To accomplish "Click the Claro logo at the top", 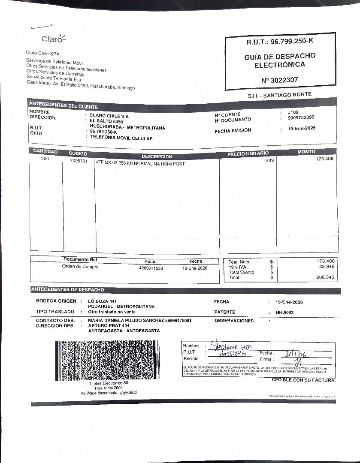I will coord(54,39).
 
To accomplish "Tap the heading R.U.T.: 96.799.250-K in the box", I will coord(280,42).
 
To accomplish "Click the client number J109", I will coord(293,112).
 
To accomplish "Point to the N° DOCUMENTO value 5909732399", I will coord(301,117).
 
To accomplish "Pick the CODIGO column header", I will coord(78,153).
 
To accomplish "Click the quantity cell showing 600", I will coord(45,159).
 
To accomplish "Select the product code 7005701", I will coord(79,162).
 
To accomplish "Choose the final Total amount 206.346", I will coord(324,277).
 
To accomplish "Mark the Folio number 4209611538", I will coord(151,268).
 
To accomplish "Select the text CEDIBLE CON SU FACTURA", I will coord(303,380).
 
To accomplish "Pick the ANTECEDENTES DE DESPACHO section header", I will coord(67,290).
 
